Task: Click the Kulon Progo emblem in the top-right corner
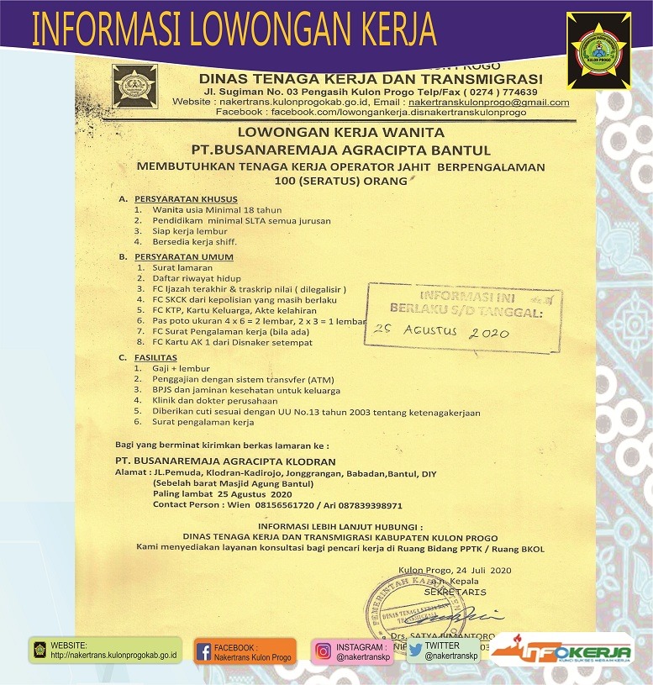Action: [x=598, y=49]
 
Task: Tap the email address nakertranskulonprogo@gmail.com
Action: [x=488, y=102]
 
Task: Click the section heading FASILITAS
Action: [x=159, y=357]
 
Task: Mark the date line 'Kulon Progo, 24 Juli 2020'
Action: [x=455, y=571]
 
